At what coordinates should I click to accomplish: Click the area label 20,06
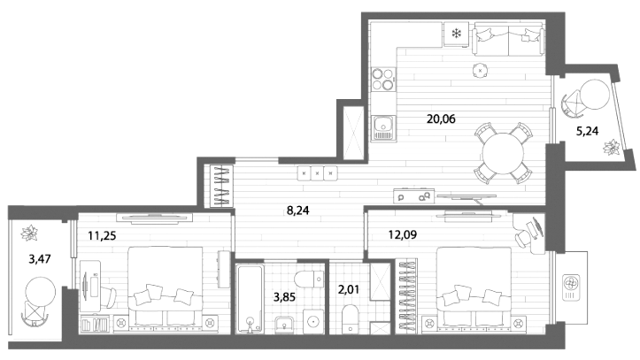tap(441, 119)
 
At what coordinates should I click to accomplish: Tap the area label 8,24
tap(298, 211)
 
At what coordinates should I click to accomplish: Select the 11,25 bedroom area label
tap(102, 235)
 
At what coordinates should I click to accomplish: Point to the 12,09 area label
tap(403, 234)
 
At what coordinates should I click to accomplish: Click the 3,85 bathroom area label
tap(284, 297)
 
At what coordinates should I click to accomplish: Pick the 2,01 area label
tap(349, 290)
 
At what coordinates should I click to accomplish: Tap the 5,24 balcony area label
tap(587, 131)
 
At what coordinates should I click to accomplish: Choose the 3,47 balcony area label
tap(40, 258)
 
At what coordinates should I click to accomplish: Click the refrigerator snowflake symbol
tap(456, 34)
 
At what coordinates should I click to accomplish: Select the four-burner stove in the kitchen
tap(383, 79)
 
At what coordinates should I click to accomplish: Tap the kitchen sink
tap(383, 128)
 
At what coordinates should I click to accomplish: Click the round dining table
tap(503, 153)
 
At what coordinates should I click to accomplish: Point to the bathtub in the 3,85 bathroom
tap(250, 299)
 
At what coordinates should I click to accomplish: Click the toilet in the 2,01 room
tap(350, 318)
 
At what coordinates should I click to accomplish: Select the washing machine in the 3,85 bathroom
tap(313, 321)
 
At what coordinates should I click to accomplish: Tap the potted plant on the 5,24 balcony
tap(613, 148)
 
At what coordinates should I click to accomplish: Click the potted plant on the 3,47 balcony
tap(29, 234)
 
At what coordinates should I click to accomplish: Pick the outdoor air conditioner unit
tap(571, 287)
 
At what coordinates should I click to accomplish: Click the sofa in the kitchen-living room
tap(508, 39)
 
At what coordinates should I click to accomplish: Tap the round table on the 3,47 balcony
tap(40, 292)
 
